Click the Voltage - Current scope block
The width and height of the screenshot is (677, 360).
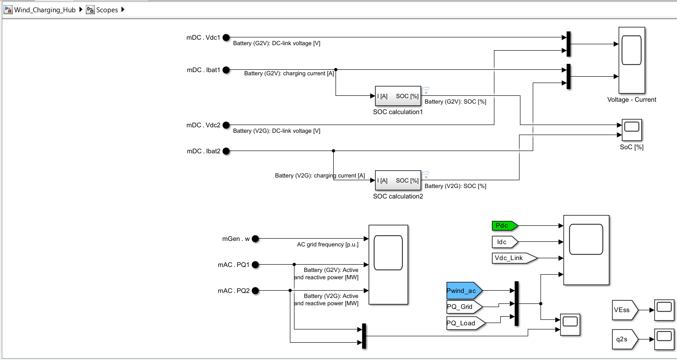[x=632, y=60]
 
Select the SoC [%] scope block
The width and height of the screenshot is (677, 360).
[x=632, y=130]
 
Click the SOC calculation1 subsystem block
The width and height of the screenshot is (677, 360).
[x=398, y=96]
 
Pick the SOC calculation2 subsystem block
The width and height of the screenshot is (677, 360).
[x=398, y=180]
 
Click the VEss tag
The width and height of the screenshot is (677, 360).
[x=624, y=310]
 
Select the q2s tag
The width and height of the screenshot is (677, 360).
[x=624, y=339]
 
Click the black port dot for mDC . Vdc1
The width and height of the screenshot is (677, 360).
[x=226, y=37]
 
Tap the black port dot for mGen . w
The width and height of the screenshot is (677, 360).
[x=255, y=239]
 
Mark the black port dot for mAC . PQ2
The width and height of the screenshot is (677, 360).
[x=255, y=291]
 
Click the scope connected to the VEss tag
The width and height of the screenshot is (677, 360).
[x=664, y=310]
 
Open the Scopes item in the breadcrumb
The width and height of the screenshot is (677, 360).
[x=107, y=10]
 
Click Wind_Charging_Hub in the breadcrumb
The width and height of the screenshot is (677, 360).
[x=44, y=10]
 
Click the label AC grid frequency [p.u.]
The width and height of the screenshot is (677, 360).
[x=327, y=245]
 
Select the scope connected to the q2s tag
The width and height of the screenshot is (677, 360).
[x=664, y=339]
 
